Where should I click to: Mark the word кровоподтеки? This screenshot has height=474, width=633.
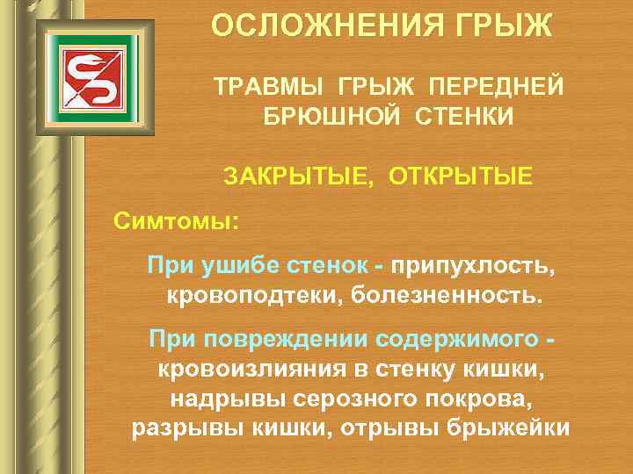tap(253, 294)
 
